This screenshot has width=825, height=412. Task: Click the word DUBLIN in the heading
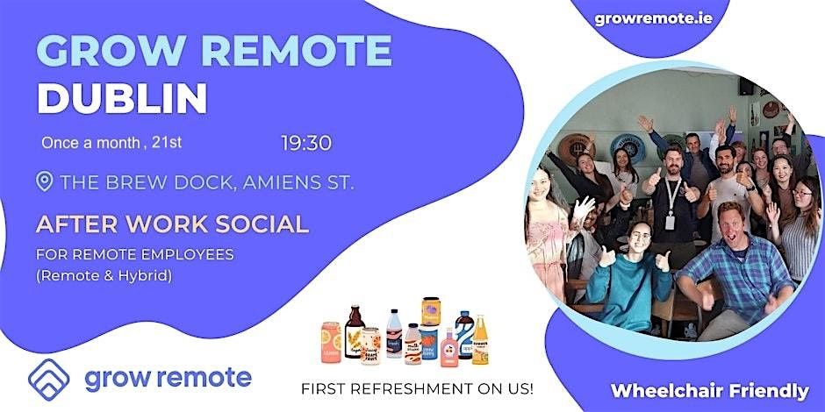click(x=122, y=99)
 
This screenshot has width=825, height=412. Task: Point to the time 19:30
click(x=306, y=143)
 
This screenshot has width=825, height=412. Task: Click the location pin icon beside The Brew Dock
click(x=44, y=181)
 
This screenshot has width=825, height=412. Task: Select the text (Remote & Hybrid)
click(x=104, y=276)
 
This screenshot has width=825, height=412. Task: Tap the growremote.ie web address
click(x=654, y=18)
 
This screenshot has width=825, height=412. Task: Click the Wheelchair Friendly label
click(x=710, y=391)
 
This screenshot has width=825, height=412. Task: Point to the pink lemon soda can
click(x=331, y=343)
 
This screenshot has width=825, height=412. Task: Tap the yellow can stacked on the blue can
click(x=431, y=311)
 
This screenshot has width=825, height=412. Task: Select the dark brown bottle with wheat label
click(x=355, y=331)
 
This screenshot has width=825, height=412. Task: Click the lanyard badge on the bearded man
click(x=670, y=223)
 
